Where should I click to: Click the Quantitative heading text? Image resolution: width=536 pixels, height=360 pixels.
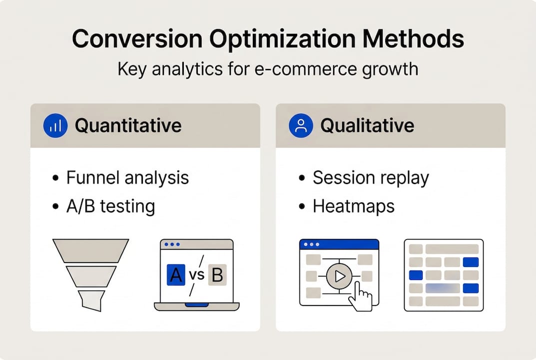(128, 125)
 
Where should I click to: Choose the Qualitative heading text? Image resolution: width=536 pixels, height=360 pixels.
(367, 125)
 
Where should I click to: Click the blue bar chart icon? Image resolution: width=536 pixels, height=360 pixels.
(55, 125)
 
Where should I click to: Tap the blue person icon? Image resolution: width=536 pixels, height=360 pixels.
(301, 125)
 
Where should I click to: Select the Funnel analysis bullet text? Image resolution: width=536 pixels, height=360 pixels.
(127, 177)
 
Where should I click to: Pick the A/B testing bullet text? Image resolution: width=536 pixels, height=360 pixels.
(110, 206)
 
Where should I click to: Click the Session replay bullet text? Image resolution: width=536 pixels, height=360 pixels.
(371, 177)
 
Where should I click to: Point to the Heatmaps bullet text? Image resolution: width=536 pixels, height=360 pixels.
(353, 206)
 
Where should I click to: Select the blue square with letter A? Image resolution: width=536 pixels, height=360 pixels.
(175, 275)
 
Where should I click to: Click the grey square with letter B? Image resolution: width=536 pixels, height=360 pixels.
(217, 275)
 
